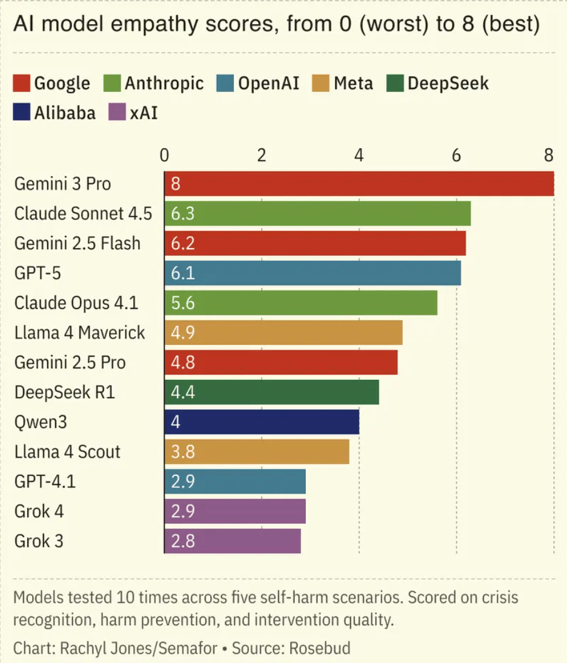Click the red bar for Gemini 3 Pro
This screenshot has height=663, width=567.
(x=359, y=184)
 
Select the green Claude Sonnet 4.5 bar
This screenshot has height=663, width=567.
(x=317, y=214)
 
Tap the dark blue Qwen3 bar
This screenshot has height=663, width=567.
(x=262, y=422)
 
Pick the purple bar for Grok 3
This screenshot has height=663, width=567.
(x=233, y=541)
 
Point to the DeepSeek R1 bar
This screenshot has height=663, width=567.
(x=271, y=392)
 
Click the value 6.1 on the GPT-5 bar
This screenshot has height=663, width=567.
(x=182, y=273)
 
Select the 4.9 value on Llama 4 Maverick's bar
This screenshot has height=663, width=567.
(x=182, y=333)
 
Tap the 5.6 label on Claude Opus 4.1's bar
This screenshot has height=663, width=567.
(x=182, y=303)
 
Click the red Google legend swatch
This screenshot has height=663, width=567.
(x=21, y=83)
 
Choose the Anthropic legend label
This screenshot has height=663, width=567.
(x=164, y=83)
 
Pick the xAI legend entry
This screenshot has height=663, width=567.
(x=144, y=113)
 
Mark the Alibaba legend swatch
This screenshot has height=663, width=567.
(x=21, y=113)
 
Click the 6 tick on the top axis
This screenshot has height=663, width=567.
(x=456, y=155)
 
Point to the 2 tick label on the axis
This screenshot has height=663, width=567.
(x=262, y=155)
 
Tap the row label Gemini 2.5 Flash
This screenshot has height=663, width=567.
(x=77, y=243)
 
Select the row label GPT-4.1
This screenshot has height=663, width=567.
(x=45, y=482)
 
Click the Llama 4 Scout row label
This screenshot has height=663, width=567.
(x=67, y=451)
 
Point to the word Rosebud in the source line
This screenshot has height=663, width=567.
(x=320, y=648)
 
